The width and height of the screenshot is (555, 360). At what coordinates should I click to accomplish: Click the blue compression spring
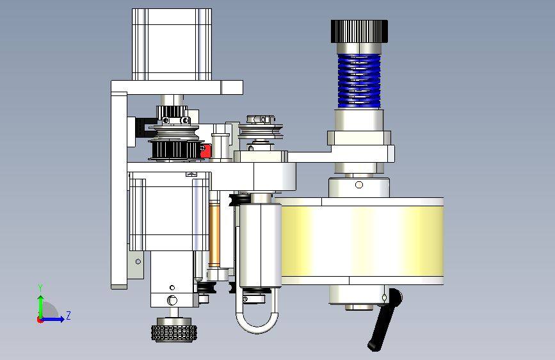359,81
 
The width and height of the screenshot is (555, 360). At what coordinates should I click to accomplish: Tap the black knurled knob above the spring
359,31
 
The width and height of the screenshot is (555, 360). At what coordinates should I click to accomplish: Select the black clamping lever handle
385,320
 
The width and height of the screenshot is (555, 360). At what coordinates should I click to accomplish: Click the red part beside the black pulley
205,151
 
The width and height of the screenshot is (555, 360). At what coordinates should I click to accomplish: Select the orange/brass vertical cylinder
214,234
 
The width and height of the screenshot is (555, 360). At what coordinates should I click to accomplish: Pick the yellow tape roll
362,241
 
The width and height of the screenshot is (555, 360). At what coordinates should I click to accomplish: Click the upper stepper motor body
172,44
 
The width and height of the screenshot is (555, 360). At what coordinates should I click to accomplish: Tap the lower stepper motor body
169,211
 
